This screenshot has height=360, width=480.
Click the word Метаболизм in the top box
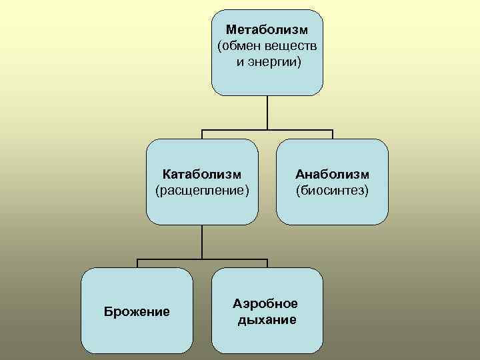(267, 30)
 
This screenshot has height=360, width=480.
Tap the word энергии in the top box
(275, 62)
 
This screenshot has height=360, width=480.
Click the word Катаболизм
(202, 175)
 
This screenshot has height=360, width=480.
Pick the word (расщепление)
(202, 191)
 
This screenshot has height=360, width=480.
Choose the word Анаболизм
(332, 175)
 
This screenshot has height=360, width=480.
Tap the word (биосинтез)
(332, 191)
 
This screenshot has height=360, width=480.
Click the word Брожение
(137, 311)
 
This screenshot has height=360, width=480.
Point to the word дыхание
(267, 320)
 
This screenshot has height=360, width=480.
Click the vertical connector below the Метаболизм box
(267, 112)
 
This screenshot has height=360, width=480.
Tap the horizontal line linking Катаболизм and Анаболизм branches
(267, 129)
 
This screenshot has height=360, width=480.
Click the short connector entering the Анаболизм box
(332, 134)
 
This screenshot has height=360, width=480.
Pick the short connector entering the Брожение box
(137, 263)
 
